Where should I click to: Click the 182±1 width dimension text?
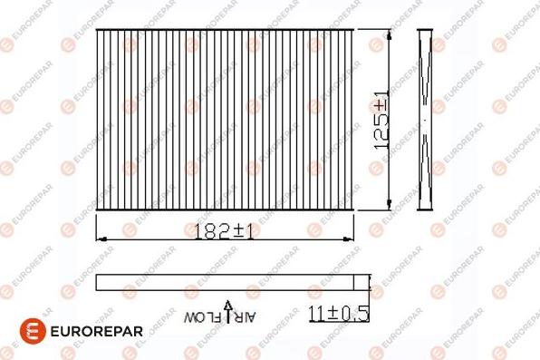tap(224, 231)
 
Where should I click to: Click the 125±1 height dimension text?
tap(382, 121)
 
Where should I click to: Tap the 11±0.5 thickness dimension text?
tap(339, 314)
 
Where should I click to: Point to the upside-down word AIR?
tap(245, 317)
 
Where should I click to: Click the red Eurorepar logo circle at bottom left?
tap(33, 331)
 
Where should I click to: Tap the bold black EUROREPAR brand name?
tap(96, 331)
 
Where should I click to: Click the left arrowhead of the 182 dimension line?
tap(101, 239)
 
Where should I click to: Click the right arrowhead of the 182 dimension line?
tap(348, 239)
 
